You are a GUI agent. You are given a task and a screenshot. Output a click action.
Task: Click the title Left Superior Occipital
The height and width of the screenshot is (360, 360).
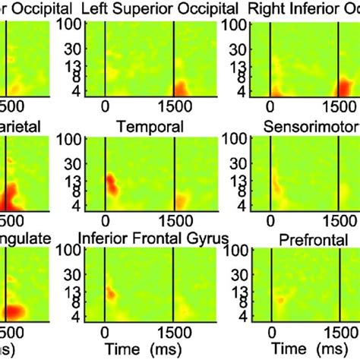141,10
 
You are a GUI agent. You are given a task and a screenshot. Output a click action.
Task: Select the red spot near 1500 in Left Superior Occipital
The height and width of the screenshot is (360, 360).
182,90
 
